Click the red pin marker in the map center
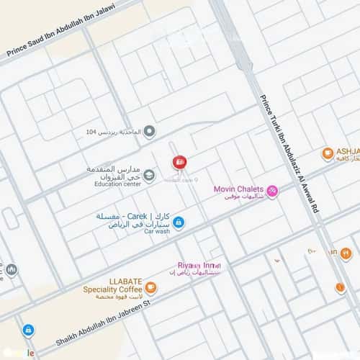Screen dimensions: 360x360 coord(179,162)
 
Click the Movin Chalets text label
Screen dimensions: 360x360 coord(238,189)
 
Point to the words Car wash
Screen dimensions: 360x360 coord(156,232)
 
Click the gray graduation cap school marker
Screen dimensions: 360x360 coord(149,175)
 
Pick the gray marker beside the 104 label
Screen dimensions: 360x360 coord(149,131)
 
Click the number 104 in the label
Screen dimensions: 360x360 coord(90,132)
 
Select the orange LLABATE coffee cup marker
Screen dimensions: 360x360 coord(150,287)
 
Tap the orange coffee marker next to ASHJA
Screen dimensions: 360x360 coord(328,153)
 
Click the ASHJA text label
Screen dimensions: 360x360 coord(347,152)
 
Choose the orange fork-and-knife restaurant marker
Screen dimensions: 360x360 coord(346,253)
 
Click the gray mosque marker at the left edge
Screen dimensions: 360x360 coord(12,269)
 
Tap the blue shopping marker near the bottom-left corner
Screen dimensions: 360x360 coord(28,330)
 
